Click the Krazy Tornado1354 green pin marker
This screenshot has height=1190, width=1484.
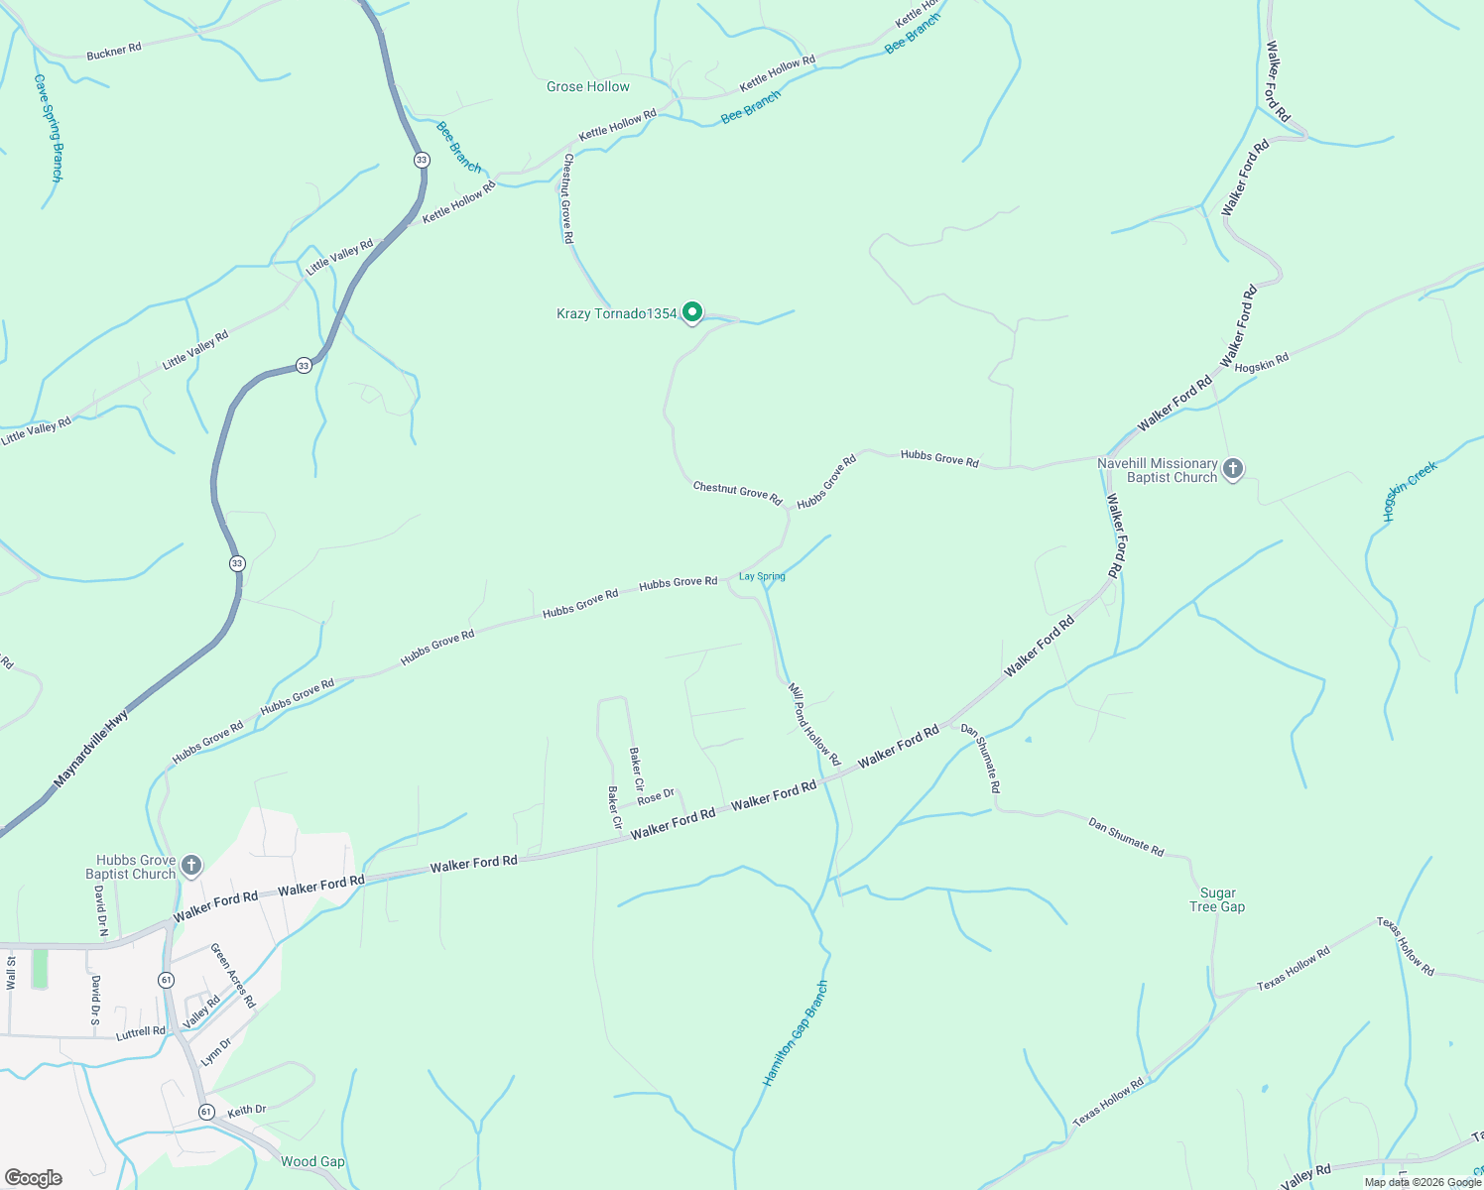coord(692,312)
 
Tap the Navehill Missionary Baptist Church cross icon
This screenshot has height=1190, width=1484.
coord(1233,469)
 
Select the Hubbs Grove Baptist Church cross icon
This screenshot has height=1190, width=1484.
coord(191,866)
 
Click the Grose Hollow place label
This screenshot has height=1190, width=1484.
coord(587,87)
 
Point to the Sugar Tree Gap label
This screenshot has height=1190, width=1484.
coord(1217,899)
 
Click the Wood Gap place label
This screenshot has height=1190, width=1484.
coord(312,1161)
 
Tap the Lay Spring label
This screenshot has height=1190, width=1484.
coord(762,576)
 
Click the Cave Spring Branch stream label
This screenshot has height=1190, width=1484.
coord(49,127)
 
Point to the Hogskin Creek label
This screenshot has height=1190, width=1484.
coord(1411,491)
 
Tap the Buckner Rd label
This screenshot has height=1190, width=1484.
coord(114,51)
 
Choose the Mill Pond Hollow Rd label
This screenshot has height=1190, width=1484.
coord(813,724)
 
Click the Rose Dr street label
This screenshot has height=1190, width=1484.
coord(656,796)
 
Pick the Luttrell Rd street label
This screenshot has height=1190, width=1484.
coord(141,1032)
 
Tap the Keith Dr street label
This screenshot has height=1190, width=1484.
coord(247,1111)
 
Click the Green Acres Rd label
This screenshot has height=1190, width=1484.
coord(233,976)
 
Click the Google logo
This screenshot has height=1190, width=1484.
coord(34,1178)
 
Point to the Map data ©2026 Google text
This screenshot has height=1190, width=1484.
coord(1422,1182)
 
